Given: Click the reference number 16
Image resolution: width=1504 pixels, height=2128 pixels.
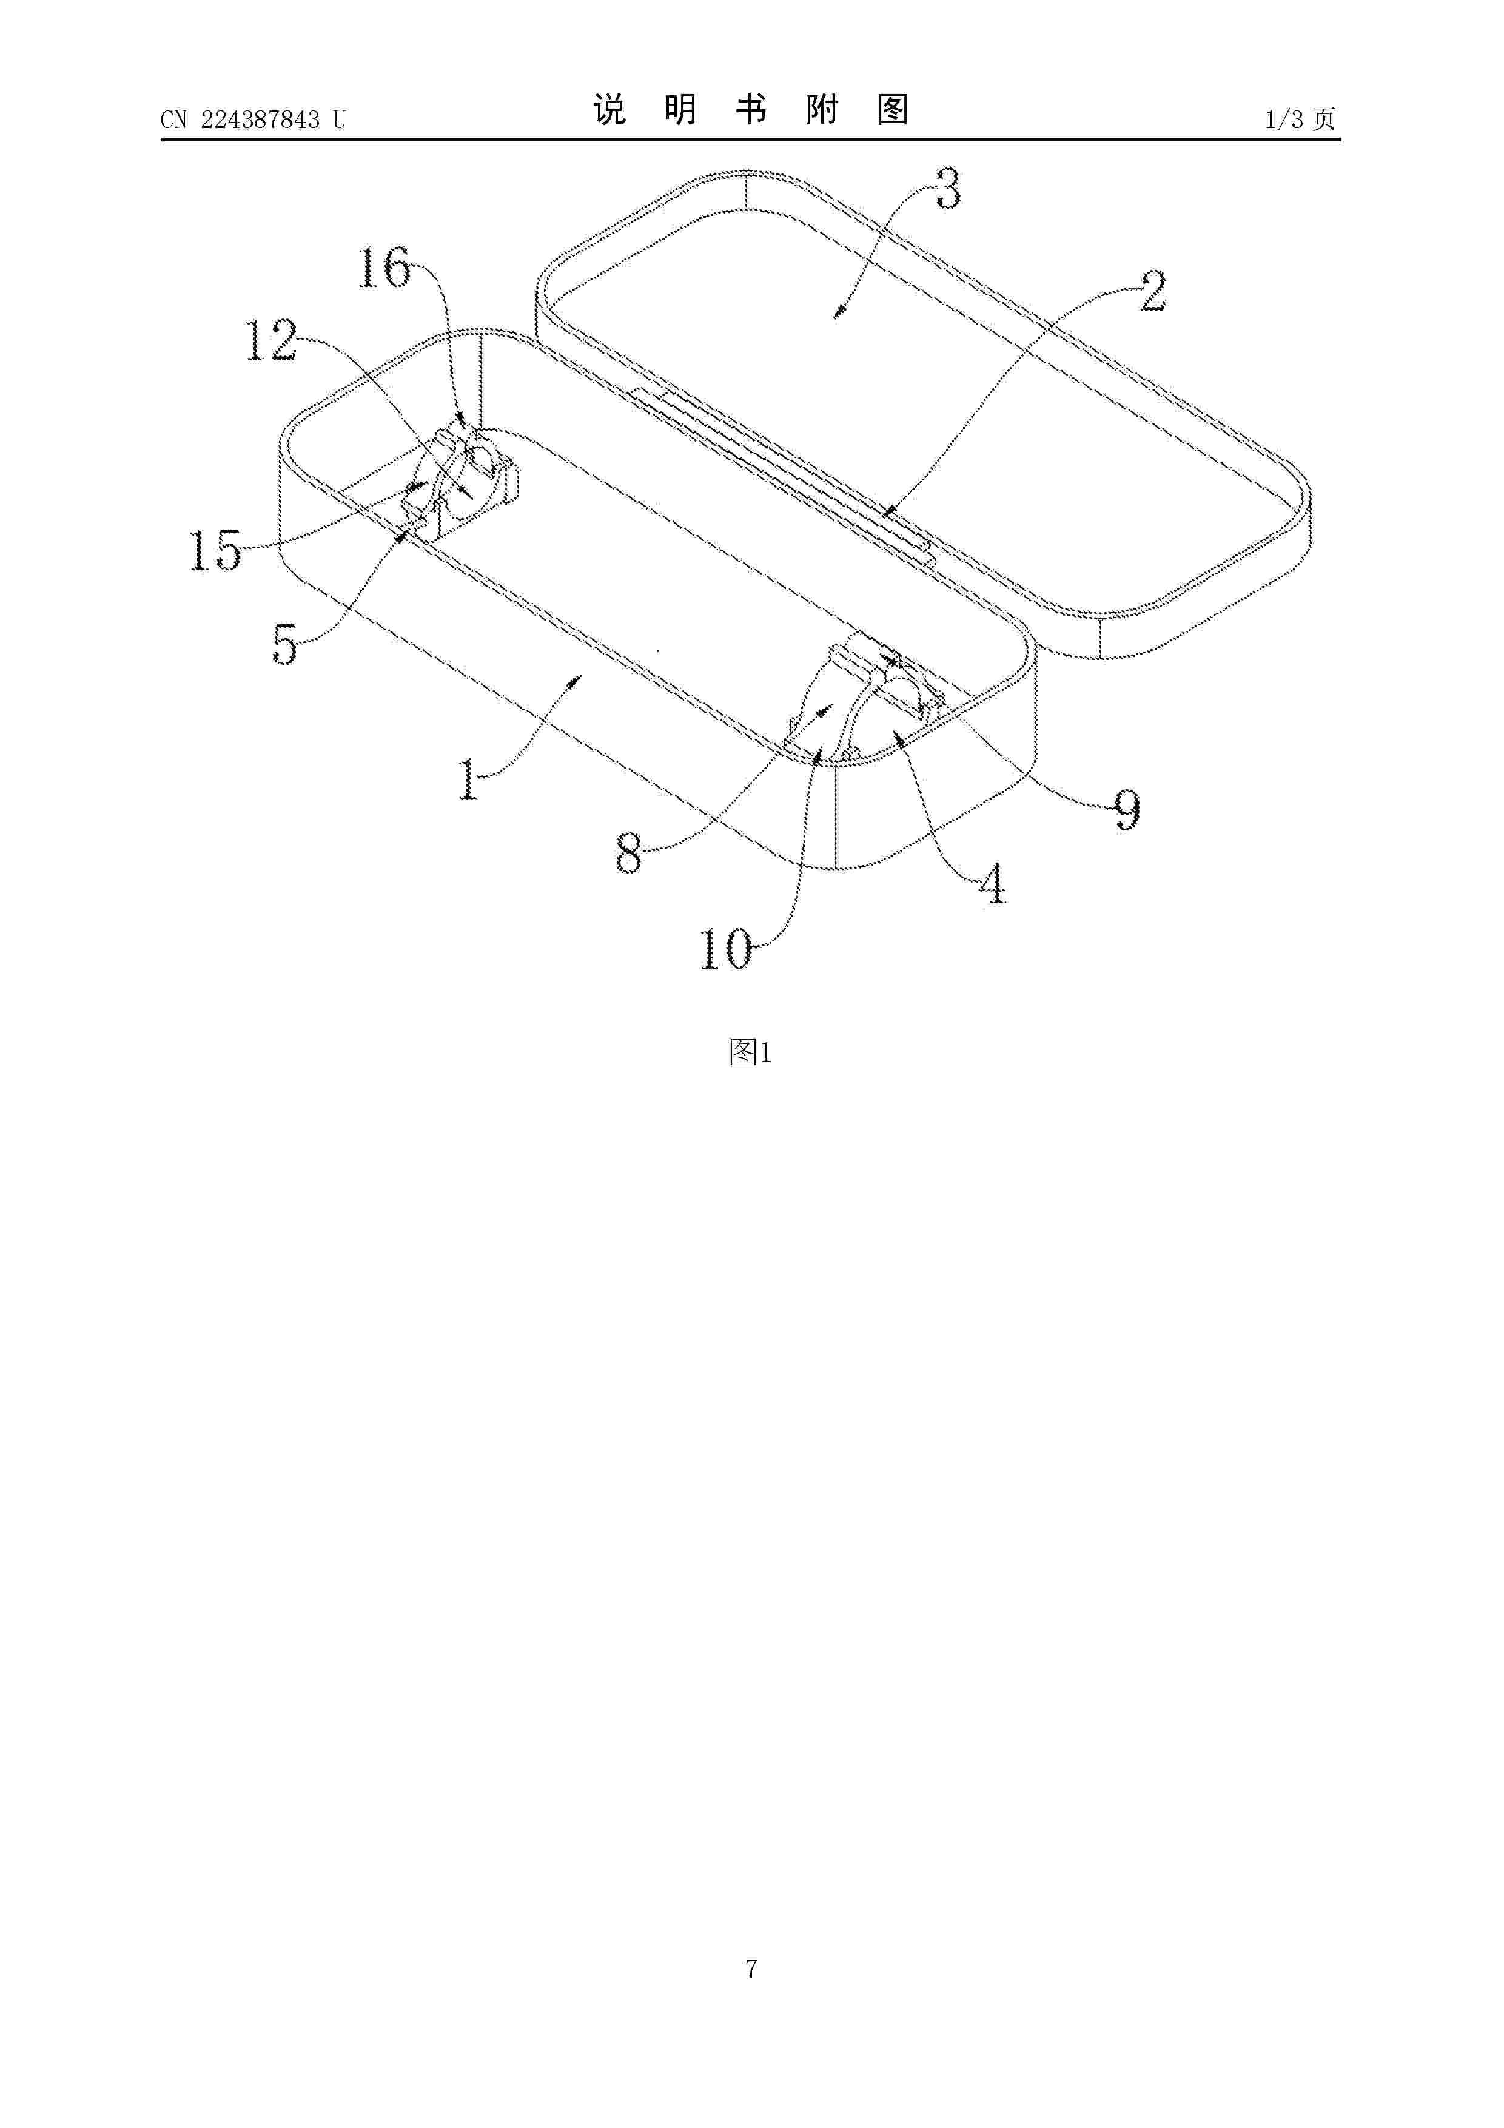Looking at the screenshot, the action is (x=384, y=268).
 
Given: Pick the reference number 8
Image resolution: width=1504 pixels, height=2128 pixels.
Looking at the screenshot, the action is (x=629, y=854).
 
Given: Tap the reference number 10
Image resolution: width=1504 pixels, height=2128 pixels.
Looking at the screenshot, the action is (x=725, y=949).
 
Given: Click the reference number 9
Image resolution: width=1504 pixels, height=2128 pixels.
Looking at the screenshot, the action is (x=1127, y=810).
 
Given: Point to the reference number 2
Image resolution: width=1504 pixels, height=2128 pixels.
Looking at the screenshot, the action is (x=1153, y=291).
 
